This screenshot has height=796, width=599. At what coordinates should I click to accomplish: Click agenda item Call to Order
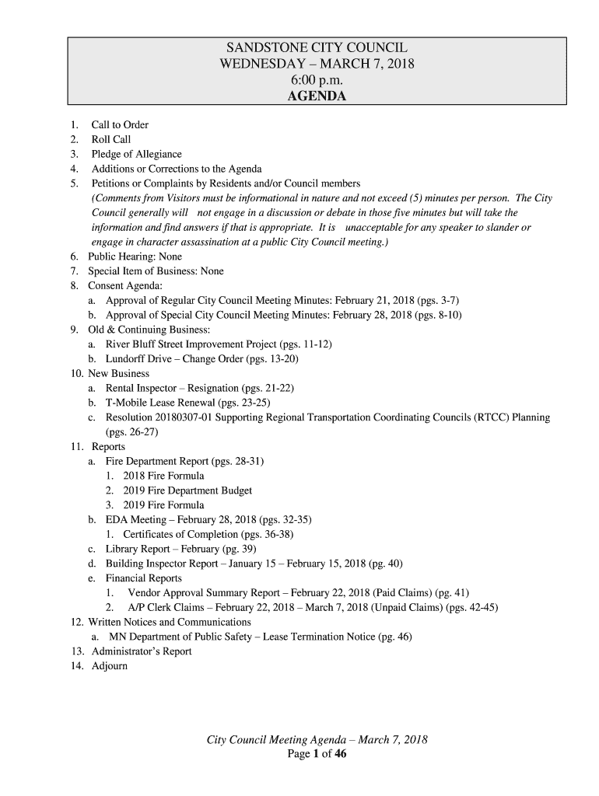point(120,125)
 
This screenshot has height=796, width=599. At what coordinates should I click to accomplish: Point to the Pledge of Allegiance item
point(136,155)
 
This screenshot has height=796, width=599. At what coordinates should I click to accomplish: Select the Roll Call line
point(111,140)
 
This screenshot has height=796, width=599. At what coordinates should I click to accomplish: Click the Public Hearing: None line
point(137,257)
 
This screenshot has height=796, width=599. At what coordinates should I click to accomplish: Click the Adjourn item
point(109,666)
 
